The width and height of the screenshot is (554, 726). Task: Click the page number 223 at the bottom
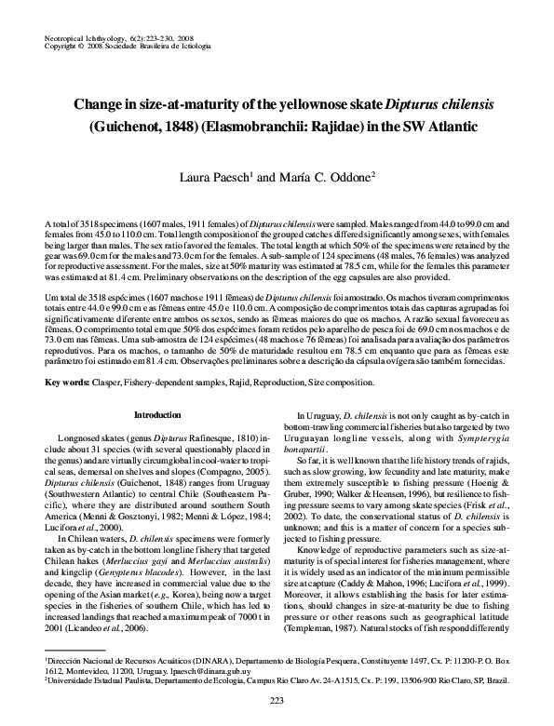click(277, 700)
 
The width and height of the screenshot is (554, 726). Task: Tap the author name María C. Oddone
click(322, 175)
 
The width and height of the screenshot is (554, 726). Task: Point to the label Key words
click(68, 383)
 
